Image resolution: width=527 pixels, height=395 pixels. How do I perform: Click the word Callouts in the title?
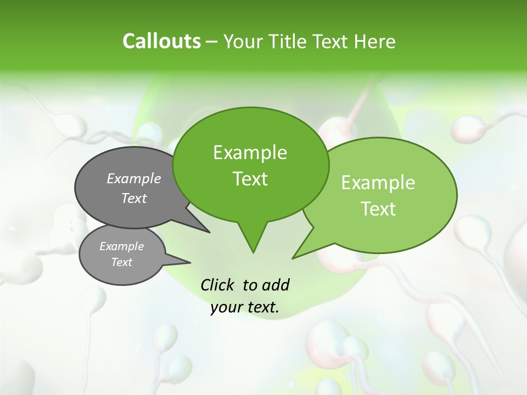click(x=161, y=41)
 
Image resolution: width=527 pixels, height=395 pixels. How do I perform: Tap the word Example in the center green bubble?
click(x=250, y=153)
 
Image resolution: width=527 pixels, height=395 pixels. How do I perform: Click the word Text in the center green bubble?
click(x=250, y=179)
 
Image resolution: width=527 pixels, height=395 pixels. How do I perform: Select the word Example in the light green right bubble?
click(x=378, y=183)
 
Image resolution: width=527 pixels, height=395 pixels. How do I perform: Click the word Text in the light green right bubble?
click(x=378, y=209)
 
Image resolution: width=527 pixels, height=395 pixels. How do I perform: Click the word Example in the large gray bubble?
click(x=134, y=178)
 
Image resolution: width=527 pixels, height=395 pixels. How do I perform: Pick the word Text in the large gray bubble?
click(x=134, y=198)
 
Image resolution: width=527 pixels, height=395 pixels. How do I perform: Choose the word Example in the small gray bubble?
click(x=121, y=246)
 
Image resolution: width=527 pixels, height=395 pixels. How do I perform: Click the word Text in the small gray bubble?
click(x=121, y=262)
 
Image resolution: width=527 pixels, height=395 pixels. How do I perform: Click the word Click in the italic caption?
click(x=218, y=285)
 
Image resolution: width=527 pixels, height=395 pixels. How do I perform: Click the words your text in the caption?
click(x=245, y=307)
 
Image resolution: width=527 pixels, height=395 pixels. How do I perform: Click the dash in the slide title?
click(x=212, y=41)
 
